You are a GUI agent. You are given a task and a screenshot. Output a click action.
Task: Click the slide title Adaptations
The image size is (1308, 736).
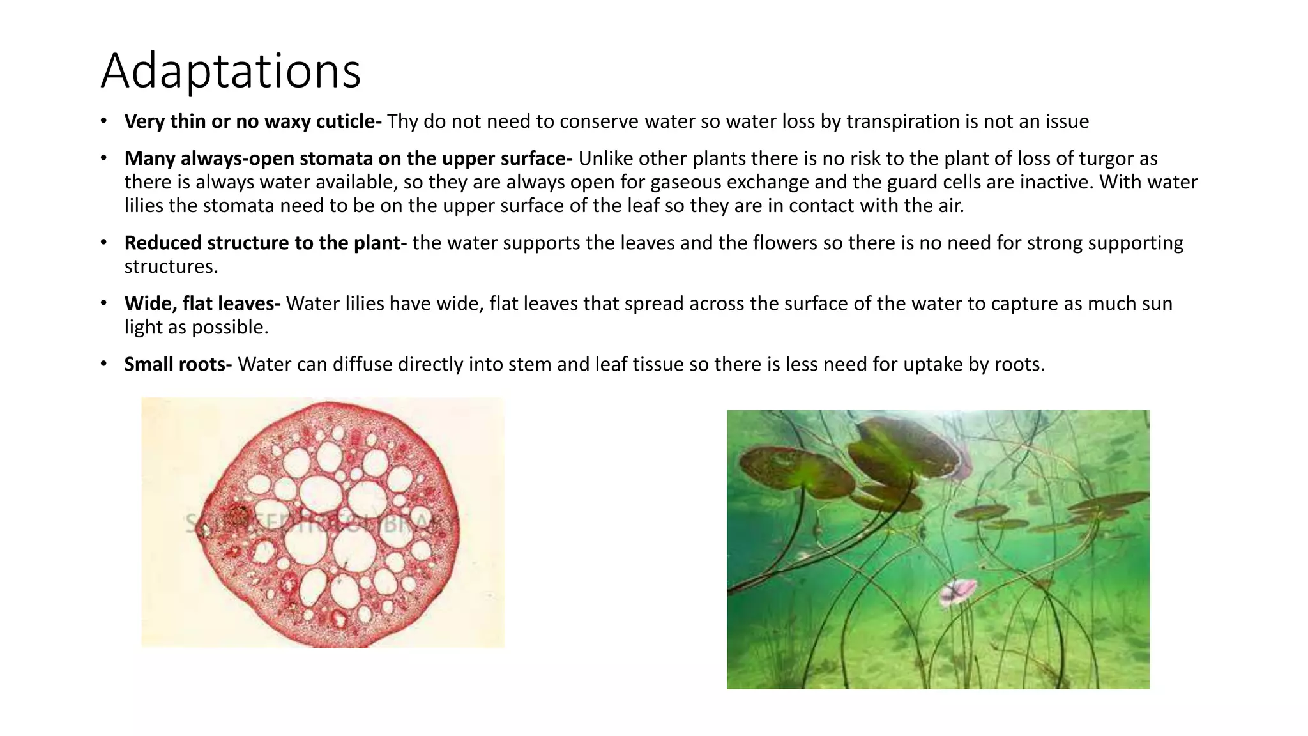point(231,70)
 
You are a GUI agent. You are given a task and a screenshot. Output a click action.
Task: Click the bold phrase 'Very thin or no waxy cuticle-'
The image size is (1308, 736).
point(253,121)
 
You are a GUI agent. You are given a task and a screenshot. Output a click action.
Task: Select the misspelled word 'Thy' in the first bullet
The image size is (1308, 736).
point(402,121)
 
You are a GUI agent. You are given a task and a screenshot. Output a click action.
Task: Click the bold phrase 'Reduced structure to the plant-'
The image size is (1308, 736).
point(265,243)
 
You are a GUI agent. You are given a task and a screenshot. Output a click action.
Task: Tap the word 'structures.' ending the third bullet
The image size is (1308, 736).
point(171,266)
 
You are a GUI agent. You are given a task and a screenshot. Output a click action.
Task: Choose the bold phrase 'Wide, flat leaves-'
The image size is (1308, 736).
point(202,303)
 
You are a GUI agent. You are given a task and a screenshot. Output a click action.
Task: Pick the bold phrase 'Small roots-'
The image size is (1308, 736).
point(178,364)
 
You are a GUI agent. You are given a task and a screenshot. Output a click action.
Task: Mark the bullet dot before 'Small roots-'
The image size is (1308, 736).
point(103,364)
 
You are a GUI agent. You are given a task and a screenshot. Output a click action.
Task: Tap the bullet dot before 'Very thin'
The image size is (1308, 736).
point(103,121)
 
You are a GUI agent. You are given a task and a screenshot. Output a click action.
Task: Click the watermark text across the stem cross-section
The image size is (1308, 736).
point(319,524)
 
